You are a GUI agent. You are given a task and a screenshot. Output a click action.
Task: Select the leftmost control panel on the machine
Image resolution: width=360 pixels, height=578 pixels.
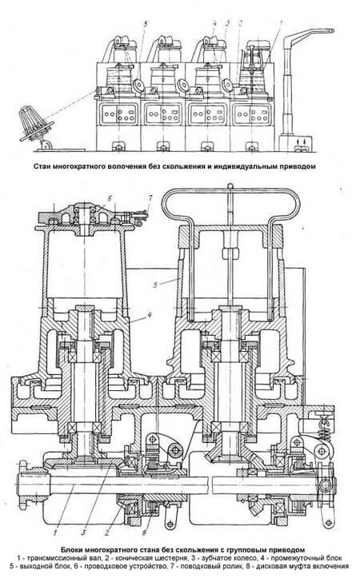click(x=118, y=114)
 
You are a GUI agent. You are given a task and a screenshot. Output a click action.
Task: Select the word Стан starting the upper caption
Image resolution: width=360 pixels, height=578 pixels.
click(x=42, y=165)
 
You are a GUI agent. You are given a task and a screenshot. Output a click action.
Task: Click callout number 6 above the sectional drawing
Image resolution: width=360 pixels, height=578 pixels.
click(x=109, y=197)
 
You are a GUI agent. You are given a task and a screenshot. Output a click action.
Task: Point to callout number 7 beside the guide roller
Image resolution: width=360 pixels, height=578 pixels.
click(x=150, y=198)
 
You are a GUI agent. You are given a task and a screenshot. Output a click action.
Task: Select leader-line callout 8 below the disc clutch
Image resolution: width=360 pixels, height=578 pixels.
click(x=144, y=532)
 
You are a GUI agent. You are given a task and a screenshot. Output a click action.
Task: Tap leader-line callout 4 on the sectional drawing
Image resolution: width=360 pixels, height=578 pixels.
click(x=150, y=314)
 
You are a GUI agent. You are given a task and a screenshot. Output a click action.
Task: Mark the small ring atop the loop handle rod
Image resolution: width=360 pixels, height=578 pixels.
click(x=230, y=185)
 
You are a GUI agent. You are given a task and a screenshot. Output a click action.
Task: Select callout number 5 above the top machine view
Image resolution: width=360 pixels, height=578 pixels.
click(x=146, y=24)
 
